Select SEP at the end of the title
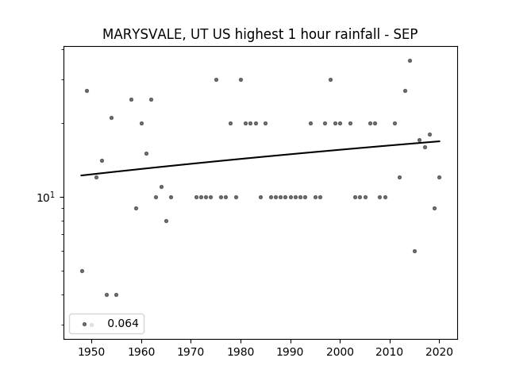pos(406,34)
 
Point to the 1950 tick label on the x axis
pos(92,352)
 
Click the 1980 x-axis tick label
pos(241,352)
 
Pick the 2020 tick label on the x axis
pos(439,352)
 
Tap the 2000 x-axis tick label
pos(340,352)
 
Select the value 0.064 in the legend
pos(123,323)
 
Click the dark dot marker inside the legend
pos(85,325)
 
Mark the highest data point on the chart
pos(410,61)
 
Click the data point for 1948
pos(82,271)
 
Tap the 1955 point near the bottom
pos(117,294)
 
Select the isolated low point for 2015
pos(414,252)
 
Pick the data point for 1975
pos(216,79)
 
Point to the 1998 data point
pos(330,79)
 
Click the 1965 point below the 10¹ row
pos(166,221)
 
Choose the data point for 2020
pos(439,178)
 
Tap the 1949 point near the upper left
pos(87,91)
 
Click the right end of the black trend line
pos(440,141)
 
